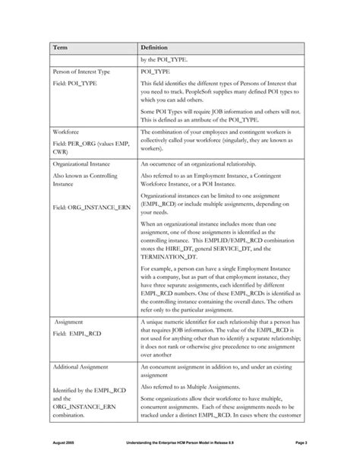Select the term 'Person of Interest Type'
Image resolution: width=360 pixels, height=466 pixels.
86,71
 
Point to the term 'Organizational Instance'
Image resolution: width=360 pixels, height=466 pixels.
86,163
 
